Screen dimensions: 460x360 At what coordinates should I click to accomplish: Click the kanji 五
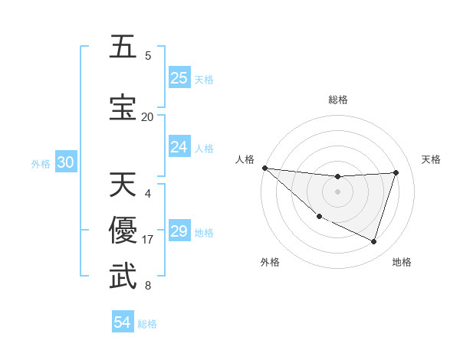click(x=123, y=48)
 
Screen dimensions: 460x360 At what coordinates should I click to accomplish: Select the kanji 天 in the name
click(x=123, y=186)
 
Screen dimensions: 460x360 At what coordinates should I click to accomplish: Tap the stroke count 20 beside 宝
click(x=147, y=116)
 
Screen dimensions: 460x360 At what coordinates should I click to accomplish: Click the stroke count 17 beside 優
click(x=148, y=240)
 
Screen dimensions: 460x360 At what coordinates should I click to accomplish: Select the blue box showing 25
click(x=179, y=78)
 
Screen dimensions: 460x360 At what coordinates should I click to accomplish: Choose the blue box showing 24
click(x=179, y=147)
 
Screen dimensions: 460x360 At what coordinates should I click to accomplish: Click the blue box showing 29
click(x=179, y=231)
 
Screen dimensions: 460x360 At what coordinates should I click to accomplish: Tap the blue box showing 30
click(x=65, y=162)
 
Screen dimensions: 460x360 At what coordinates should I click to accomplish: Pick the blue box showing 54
click(x=123, y=322)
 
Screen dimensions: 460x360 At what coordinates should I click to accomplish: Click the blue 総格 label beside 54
click(x=147, y=324)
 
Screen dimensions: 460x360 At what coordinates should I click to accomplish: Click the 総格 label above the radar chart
click(x=337, y=100)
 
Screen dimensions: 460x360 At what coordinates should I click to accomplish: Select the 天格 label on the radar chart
click(x=432, y=159)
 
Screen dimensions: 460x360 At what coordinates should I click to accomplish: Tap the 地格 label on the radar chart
click(x=402, y=262)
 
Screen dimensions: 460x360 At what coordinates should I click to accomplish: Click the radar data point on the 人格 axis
click(x=264, y=168)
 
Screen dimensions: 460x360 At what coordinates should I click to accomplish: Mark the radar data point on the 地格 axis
click(x=374, y=242)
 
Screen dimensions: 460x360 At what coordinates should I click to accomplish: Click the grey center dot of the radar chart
click(x=337, y=191)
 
